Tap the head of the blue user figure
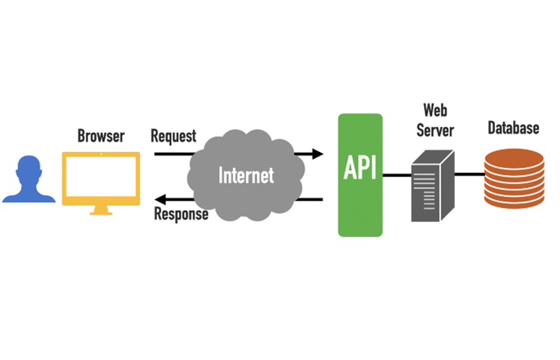[x=28, y=169]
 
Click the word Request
[x=174, y=136]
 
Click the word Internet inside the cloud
[x=246, y=175]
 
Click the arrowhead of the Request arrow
[x=318, y=153]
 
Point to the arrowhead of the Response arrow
[x=160, y=200]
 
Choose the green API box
[x=360, y=175]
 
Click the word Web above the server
[x=435, y=111]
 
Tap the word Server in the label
[x=435, y=131]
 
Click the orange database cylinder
[x=514, y=178]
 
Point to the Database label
[x=514, y=128]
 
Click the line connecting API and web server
[x=397, y=174]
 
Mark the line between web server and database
[x=469, y=174]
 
